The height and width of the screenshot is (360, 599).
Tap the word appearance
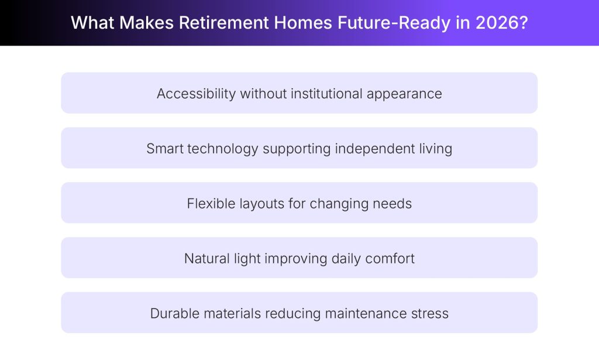[404, 94]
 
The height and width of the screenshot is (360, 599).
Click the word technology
[223, 149]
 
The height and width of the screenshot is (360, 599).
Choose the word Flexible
[209, 204]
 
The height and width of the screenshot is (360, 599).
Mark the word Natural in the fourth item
[206, 258]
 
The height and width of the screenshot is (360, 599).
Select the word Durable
[174, 313]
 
